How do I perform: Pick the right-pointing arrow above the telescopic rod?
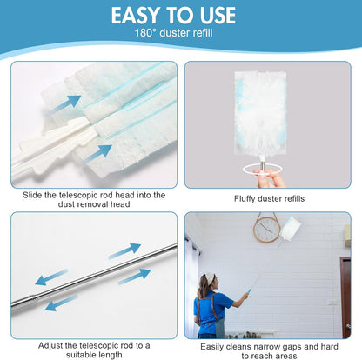click(124, 251)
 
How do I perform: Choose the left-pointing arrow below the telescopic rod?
click(62, 304)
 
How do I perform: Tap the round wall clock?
click(266, 229)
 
